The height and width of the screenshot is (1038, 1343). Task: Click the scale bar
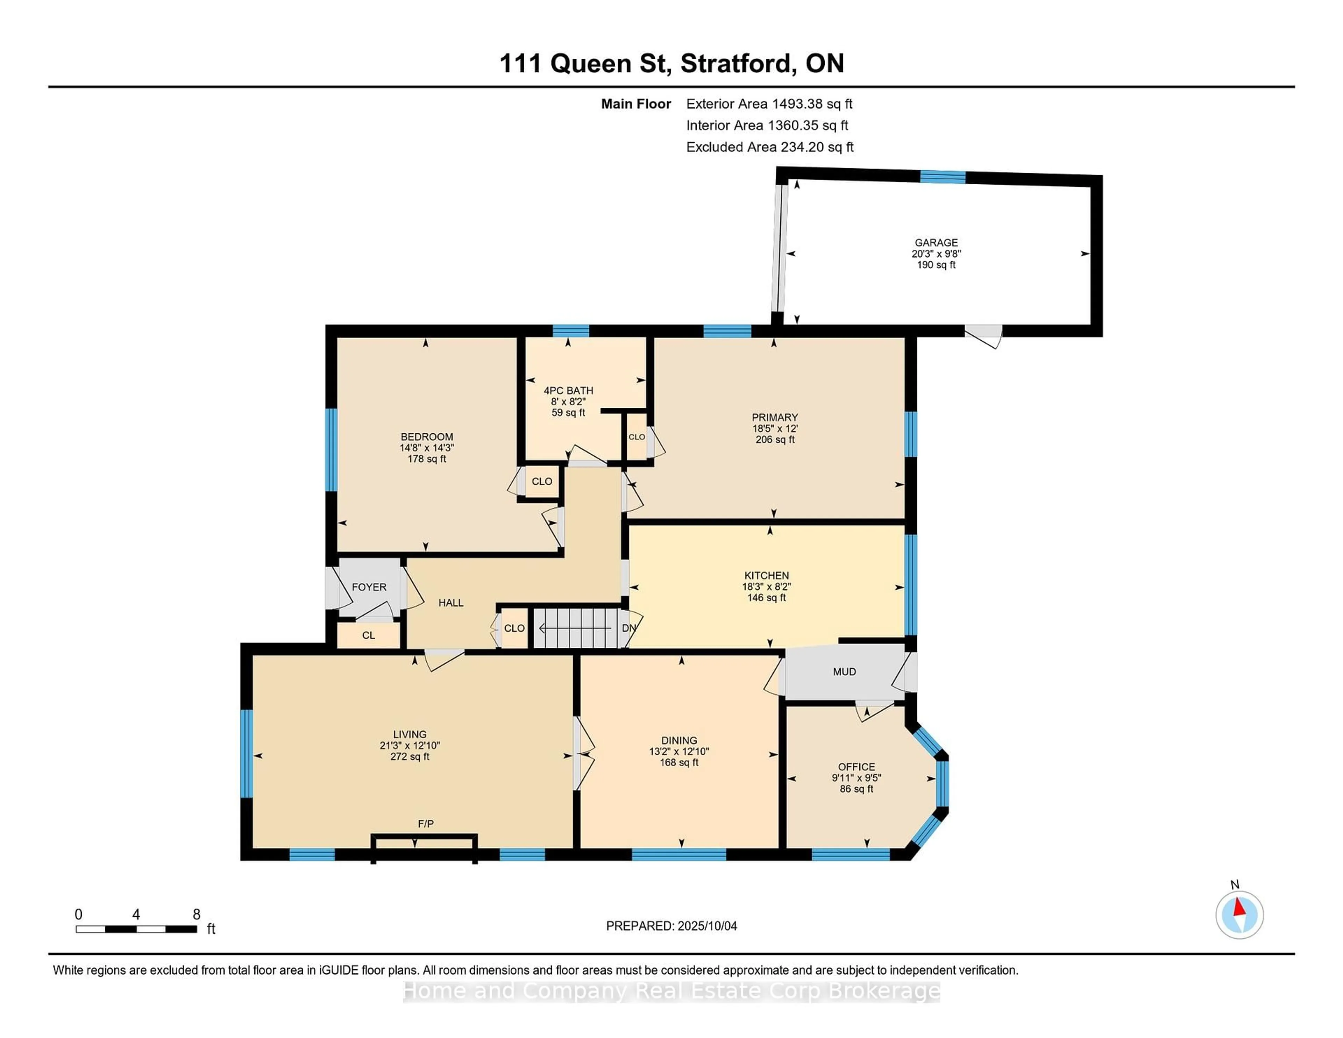(x=136, y=929)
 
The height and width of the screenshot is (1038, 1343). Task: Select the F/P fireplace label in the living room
(x=426, y=823)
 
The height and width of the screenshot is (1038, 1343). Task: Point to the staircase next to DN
(x=576, y=628)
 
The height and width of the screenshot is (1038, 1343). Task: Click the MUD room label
(x=844, y=671)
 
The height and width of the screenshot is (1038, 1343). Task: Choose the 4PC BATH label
(x=568, y=391)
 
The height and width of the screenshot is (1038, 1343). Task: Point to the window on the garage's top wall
(x=943, y=177)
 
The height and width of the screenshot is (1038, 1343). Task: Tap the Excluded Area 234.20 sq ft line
(x=770, y=147)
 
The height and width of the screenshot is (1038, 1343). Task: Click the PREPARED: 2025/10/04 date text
(x=671, y=925)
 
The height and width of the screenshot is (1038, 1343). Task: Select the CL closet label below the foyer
(x=368, y=635)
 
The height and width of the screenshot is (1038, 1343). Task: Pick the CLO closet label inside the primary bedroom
(x=637, y=436)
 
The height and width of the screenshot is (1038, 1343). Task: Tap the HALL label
(x=451, y=603)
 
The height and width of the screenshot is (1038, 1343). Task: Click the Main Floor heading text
(x=636, y=104)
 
